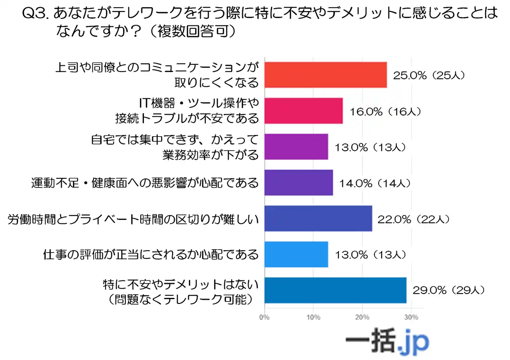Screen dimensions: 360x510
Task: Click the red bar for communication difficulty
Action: (326, 75)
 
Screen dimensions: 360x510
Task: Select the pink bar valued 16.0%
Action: (304, 111)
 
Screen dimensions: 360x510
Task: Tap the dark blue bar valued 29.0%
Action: (335, 290)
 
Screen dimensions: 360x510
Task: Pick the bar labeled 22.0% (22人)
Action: (318, 219)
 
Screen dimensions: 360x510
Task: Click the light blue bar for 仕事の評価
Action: (296, 254)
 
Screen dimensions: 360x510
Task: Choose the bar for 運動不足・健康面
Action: (298, 183)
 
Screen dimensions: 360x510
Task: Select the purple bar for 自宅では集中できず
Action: (296, 147)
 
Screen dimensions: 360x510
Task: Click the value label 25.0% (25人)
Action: (429, 75)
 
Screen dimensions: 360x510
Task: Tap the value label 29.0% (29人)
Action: (448, 291)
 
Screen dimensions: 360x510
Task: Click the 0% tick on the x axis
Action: (264, 317)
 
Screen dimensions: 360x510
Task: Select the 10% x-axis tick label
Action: (313, 317)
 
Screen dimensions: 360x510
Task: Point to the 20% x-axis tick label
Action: (362, 317)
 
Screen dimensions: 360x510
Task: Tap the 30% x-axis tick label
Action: (411, 317)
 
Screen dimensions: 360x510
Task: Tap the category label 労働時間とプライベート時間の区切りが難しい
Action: (133, 219)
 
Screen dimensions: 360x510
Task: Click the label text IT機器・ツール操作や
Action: (199, 104)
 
